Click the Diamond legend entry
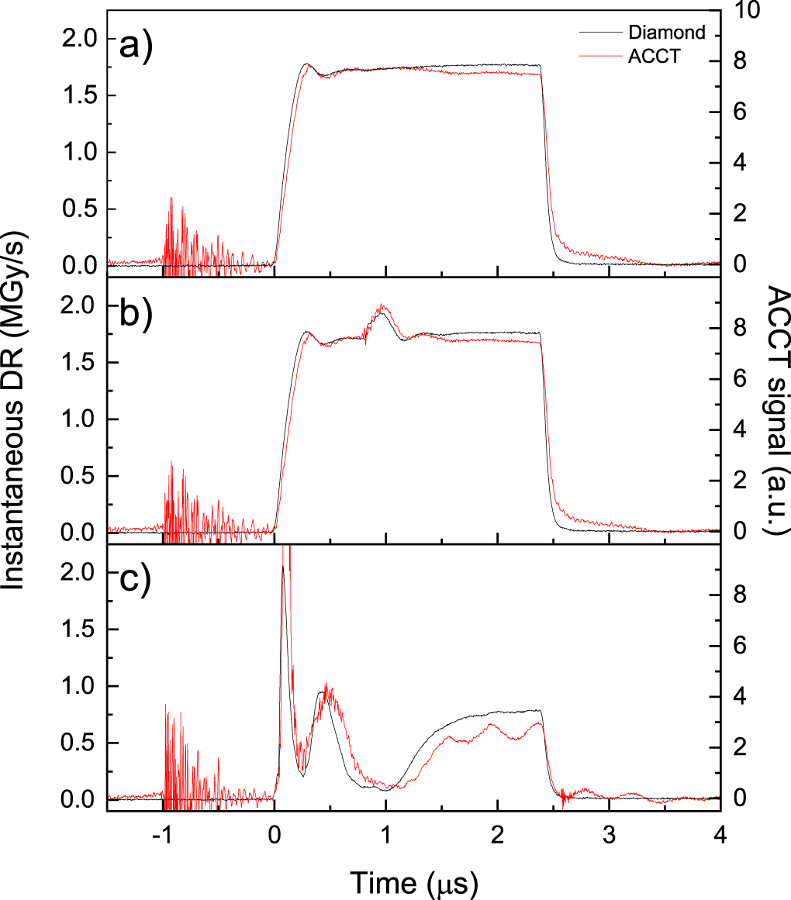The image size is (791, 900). tap(666, 33)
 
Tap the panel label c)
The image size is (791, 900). tap(136, 581)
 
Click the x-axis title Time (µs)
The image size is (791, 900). tap(412, 881)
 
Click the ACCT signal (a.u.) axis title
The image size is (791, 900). tap(775, 411)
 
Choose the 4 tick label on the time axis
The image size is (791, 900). tap(721, 840)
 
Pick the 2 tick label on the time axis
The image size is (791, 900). tap(498, 840)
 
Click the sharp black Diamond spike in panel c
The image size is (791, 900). tap(283, 568)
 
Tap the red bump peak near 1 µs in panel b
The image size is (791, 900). tap(382, 307)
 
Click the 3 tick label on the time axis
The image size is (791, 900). tap(610, 840)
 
